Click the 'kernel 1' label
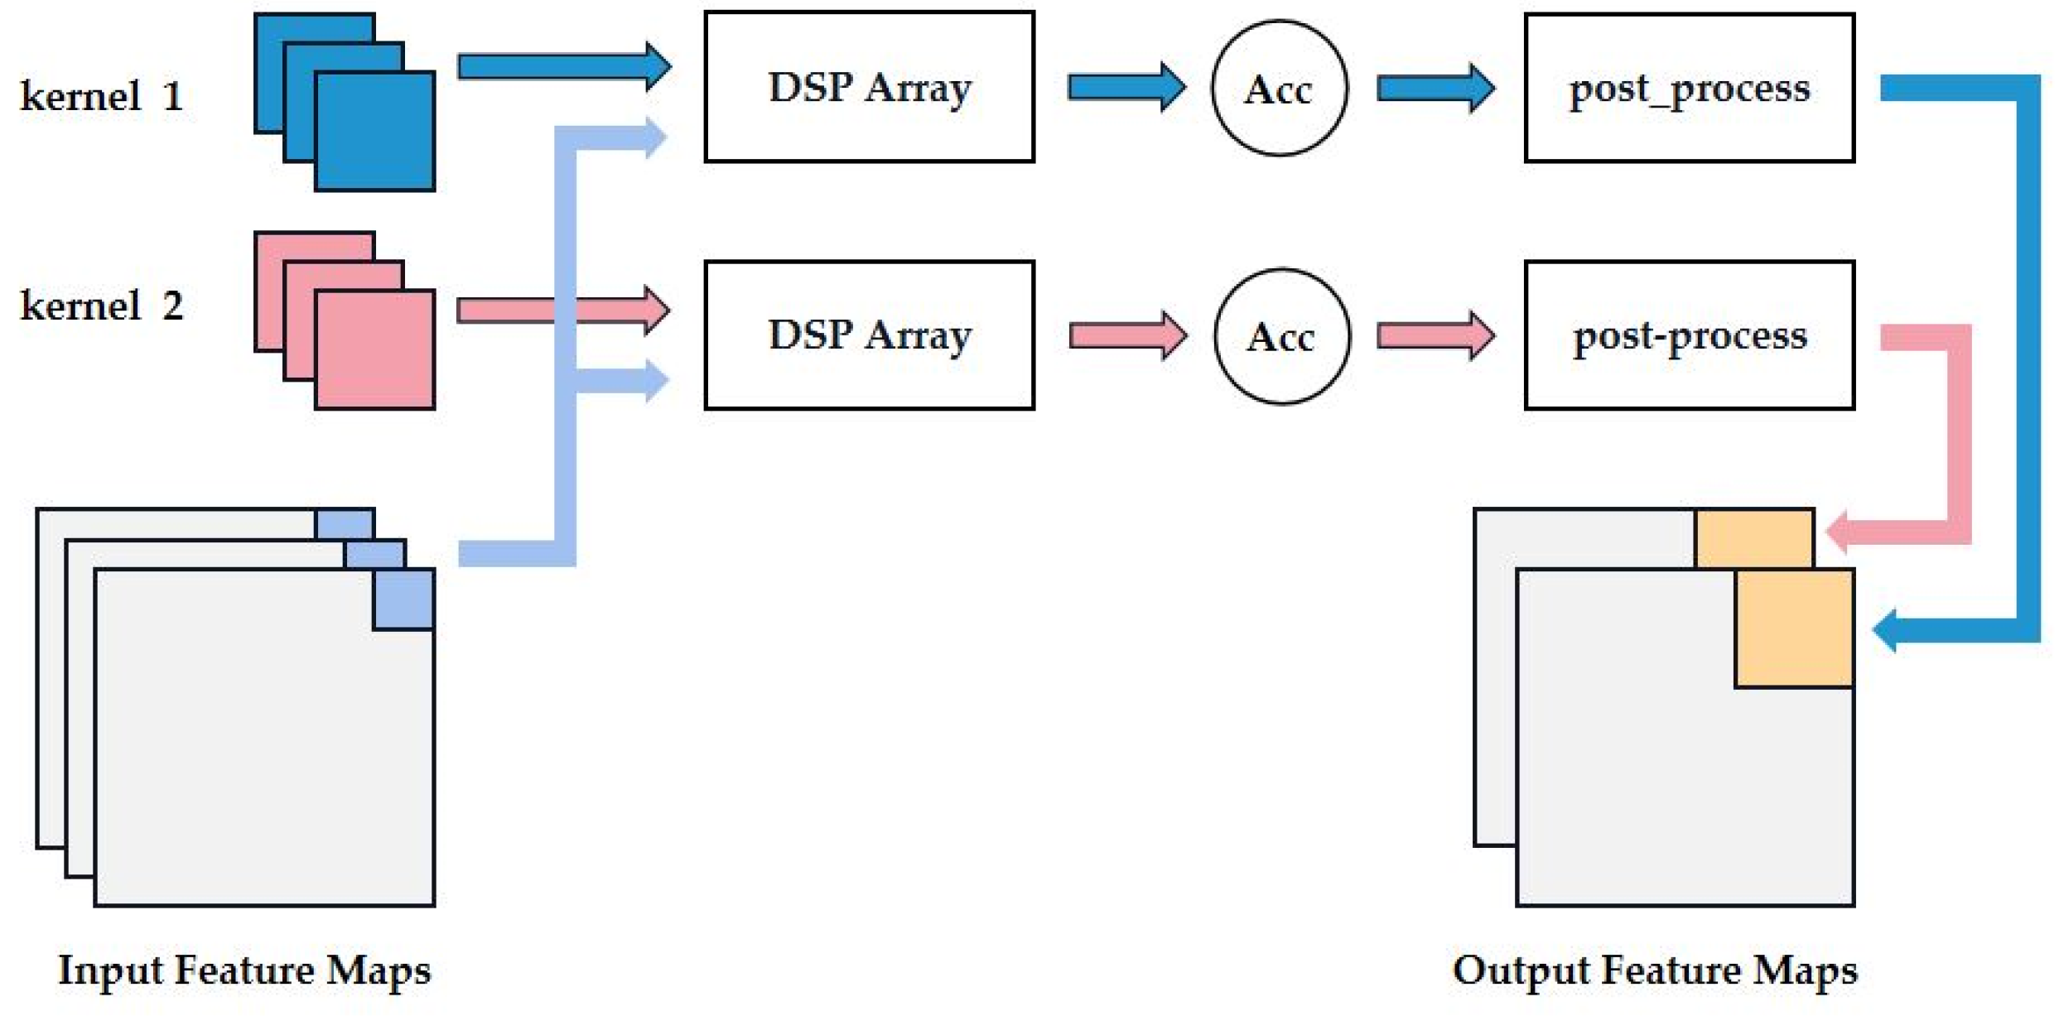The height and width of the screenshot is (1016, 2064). coord(101,96)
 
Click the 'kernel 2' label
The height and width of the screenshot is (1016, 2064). coord(101,306)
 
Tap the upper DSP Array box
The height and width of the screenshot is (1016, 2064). coord(869,87)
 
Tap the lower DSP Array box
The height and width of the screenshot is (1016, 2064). coord(869,335)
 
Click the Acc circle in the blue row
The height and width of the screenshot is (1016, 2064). coord(1279,89)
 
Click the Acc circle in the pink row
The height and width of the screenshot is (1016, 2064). coord(1281,336)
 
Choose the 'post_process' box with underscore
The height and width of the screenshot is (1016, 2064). coord(1689,88)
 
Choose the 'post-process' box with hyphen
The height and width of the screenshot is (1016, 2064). coord(1689,335)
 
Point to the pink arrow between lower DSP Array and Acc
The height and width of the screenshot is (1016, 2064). coord(1126,335)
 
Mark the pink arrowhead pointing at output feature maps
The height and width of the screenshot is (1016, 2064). coord(1840,532)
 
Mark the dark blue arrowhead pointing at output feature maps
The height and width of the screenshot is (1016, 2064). coord(1888,631)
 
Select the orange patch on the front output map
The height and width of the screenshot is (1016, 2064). coord(1794,628)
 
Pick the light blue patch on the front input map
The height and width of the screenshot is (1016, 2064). coord(404,599)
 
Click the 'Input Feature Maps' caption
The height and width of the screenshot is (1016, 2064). coord(244,970)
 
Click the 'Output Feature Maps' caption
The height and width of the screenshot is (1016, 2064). coord(1654,970)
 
